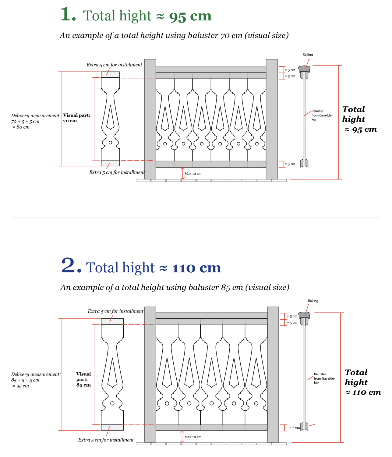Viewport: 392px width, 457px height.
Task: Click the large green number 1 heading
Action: click(x=68, y=14)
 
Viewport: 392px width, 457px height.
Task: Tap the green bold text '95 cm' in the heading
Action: click(x=190, y=16)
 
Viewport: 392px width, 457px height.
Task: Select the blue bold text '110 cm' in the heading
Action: click(x=196, y=268)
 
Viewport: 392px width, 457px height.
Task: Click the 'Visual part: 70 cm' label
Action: click(x=76, y=118)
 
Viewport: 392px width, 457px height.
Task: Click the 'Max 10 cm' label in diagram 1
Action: click(x=193, y=174)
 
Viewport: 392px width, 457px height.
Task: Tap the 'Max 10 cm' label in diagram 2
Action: click(x=193, y=437)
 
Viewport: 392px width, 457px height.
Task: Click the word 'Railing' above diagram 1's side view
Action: click(x=308, y=55)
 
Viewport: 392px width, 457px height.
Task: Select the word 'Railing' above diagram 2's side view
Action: click(x=313, y=301)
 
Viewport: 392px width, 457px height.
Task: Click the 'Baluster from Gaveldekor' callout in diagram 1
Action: click(x=322, y=115)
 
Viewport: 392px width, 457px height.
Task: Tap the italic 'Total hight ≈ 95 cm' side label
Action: click(x=359, y=119)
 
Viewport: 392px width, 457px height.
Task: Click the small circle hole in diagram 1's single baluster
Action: click(x=110, y=143)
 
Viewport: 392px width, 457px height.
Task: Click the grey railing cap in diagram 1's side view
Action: click(x=304, y=69)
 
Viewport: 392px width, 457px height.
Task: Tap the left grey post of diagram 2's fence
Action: click(x=150, y=374)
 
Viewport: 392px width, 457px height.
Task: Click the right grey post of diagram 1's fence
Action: click(x=271, y=119)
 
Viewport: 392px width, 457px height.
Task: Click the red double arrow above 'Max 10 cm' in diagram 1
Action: click(x=183, y=173)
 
